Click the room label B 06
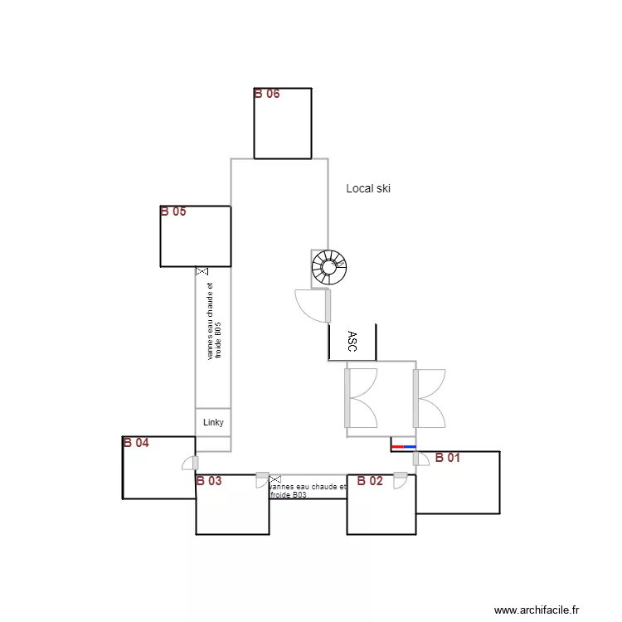[x=267, y=94]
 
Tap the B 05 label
[x=173, y=211]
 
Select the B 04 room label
[x=136, y=443]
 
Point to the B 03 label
[x=209, y=480]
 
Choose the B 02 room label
[x=370, y=480]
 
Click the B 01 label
[x=448, y=457]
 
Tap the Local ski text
[x=368, y=189]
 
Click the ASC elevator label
[x=352, y=342]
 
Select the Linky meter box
[x=213, y=422]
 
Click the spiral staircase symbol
[x=329, y=267]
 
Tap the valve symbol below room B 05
[x=202, y=271]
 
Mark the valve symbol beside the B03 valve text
[x=275, y=480]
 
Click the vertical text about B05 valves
[x=214, y=322]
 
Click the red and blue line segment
[x=403, y=447]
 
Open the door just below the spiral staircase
[x=313, y=304]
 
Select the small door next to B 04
[x=191, y=464]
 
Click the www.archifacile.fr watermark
[x=537, y=610]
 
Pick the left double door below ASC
[x=362, y=398]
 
